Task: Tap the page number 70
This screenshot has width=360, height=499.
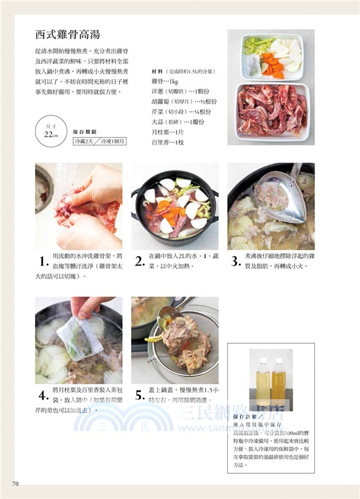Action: [16, 483]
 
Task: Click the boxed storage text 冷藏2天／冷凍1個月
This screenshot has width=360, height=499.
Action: [100, 142]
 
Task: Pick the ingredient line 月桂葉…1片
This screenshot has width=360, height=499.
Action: [168, 132]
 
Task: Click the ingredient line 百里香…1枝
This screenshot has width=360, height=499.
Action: [168, 142]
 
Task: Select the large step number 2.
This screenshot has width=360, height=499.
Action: [139, 261]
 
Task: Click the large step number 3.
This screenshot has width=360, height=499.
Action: [235, 261]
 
